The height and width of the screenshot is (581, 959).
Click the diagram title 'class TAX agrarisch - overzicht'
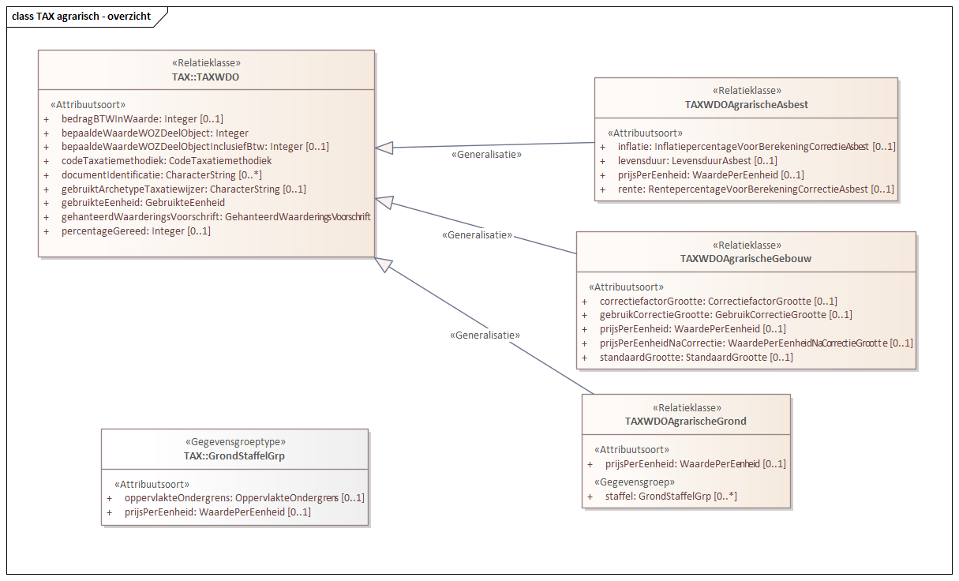click(81, 16)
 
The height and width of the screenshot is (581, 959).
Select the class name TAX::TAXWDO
click(206, 77)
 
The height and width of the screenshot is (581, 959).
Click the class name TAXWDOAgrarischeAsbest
click(746, 104)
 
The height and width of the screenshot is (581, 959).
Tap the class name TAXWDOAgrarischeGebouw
click(746, 258)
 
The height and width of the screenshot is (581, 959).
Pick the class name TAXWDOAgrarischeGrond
click(685, 421)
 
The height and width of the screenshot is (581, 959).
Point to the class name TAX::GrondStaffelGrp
click(234, 455)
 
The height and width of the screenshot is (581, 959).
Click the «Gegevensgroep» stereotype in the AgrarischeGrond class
click(634, 482)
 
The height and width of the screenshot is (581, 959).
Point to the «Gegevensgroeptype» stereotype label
click(234, 442)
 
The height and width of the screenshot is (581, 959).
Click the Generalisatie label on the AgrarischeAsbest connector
click(486, 155)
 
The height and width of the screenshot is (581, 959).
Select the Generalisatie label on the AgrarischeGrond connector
click(485, 335)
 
